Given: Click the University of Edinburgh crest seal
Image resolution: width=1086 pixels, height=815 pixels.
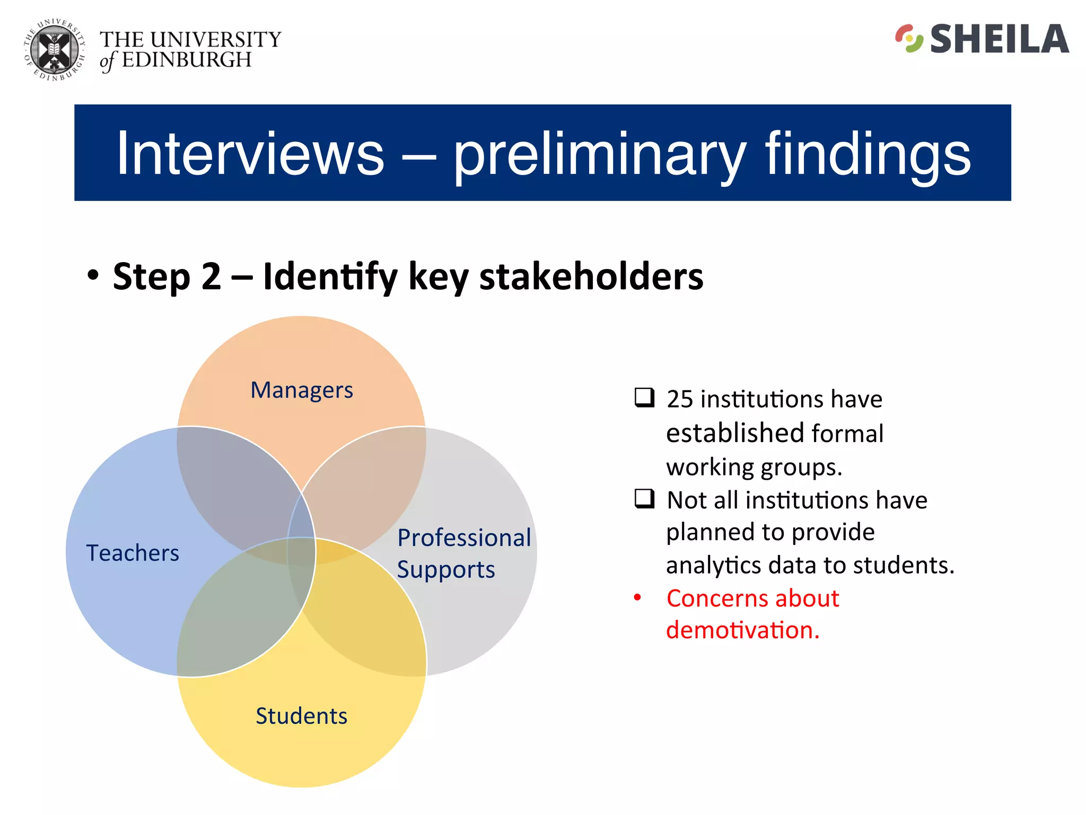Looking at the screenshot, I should (55, 50).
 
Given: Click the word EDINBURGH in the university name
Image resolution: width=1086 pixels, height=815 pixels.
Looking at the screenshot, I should (187, 60).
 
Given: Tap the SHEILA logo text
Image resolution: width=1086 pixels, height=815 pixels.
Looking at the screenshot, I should (999, 39).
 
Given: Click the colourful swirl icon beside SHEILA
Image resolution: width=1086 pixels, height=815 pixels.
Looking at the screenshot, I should (909, 39).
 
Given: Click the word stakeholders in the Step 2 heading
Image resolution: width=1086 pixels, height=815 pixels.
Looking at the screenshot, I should (591, 276).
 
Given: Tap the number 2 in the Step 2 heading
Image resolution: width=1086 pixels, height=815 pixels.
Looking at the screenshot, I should (211, 276).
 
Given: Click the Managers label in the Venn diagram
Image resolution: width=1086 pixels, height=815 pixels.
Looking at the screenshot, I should (301, 390).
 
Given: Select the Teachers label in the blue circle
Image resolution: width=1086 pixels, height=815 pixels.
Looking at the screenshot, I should (133, 553).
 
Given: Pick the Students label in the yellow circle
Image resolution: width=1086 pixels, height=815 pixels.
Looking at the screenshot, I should (301, 716).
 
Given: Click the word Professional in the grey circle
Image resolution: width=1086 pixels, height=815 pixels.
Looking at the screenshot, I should (464, 537).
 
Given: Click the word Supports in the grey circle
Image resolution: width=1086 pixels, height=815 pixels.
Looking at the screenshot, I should (445, 569).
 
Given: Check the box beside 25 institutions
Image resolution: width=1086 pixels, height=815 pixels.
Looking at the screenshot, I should (644, 397).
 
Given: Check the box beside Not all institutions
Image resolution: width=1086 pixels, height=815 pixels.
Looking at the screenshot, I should (644, 498).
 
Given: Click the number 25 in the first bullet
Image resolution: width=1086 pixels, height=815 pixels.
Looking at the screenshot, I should (680, 399).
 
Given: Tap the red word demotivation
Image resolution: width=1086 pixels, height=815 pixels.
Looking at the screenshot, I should (742, 630).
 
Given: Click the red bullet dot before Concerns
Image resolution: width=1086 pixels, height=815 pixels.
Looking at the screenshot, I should (637, 598).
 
